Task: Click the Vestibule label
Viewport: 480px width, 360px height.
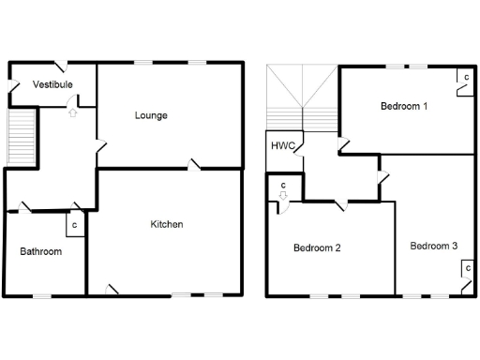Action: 52,84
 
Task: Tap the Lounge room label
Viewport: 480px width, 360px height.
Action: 151,115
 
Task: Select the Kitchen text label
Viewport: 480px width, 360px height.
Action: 167,224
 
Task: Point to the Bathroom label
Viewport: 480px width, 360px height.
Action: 41,251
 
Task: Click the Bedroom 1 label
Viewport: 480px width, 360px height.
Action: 404,106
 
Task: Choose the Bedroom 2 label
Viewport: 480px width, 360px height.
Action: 316,248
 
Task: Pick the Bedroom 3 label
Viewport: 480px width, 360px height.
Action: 434,246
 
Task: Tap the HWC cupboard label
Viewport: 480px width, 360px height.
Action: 282,146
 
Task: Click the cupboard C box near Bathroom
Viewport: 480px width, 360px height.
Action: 74,225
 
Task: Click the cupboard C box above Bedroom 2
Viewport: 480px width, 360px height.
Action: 282,186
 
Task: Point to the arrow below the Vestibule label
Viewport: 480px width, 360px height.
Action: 72,112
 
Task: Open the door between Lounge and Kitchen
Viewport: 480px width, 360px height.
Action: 195,166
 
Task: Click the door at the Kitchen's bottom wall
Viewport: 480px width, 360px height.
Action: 112,290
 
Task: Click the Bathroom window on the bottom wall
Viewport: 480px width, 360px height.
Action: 41,296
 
